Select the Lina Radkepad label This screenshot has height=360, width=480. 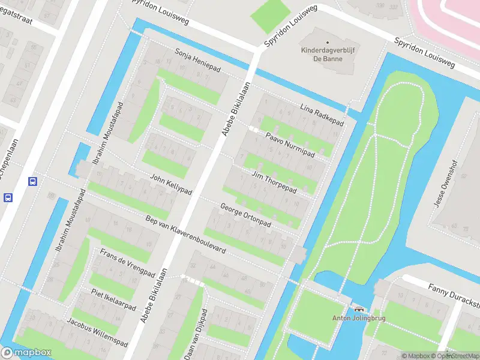click(x=322, y=115)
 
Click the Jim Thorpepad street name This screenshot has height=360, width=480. click(x=274, y=181)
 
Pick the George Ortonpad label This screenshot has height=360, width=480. click(x=246, y=215)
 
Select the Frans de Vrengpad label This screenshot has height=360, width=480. click(x=127, y=262)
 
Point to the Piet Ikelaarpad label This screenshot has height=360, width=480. click(x=113, y=298)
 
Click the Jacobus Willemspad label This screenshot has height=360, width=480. click(x=97, y=332)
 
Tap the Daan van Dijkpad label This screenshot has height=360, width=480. click(x=196, y=334)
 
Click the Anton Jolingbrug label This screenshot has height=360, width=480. click(x=359, y=319)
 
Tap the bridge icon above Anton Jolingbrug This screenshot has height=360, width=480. click(x=359, y=309)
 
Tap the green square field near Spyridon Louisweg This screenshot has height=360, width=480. click(x=269, y=17)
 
